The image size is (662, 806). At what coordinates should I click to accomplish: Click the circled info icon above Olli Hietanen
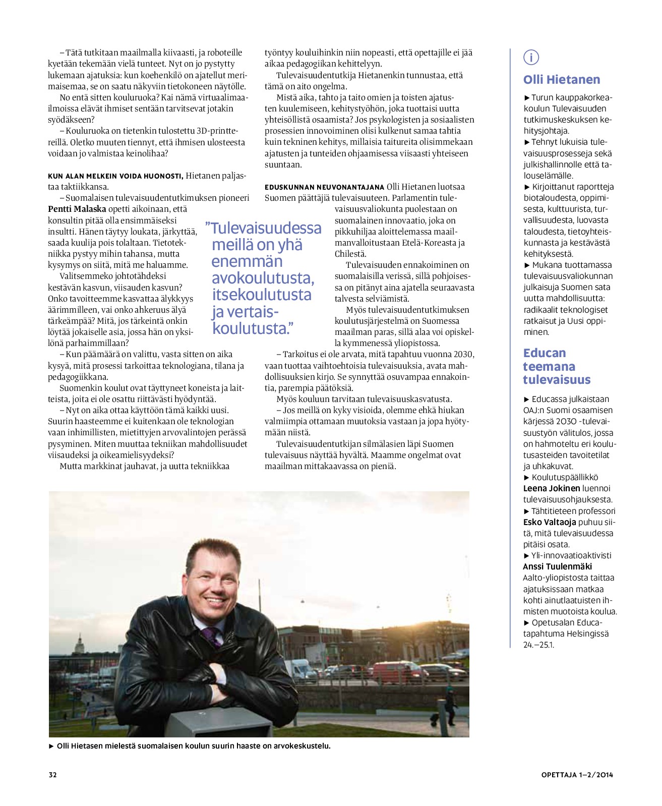click(531, 57)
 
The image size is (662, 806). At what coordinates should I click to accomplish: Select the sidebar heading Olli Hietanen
click(561, 80)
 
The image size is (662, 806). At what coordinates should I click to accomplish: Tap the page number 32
click(52, 775)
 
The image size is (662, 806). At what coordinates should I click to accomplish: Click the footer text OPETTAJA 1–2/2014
click(577, 775)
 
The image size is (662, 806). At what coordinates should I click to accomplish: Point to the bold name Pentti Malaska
click(77, 209)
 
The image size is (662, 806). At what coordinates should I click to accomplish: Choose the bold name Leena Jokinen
click(551, 488)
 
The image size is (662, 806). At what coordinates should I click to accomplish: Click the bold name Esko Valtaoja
click(549, 522)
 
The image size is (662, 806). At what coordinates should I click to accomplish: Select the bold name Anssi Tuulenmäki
click(557, 566)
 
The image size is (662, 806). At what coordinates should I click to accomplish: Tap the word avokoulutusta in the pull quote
click(263, 278)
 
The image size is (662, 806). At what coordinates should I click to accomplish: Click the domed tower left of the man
click(79, 646)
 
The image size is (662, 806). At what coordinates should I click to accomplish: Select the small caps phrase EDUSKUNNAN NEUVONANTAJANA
click(324, 187)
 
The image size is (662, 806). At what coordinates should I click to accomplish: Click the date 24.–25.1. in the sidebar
click(538, 645)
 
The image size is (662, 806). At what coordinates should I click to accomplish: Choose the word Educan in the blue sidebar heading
click(544, 353)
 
